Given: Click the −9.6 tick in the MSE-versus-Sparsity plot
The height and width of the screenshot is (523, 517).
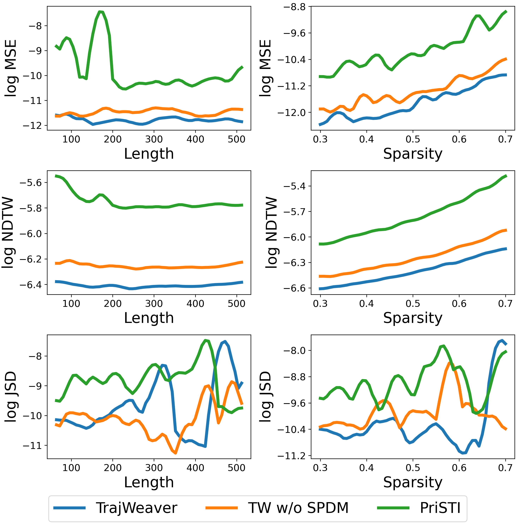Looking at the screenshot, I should tap(294, 33).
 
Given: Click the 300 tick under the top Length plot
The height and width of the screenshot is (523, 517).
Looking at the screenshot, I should tap(154, 139).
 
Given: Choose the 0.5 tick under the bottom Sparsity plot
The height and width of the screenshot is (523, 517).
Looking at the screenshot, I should tap(413, 468).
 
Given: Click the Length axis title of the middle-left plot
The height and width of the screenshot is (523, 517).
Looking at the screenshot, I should tap(149, 318).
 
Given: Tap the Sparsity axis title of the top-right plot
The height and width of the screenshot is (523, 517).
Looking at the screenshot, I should tap(413, 154).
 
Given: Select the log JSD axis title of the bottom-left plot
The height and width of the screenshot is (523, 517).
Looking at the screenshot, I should tap(11, 397).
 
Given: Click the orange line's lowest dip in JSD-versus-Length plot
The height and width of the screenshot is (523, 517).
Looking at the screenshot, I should tap(176, 453).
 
